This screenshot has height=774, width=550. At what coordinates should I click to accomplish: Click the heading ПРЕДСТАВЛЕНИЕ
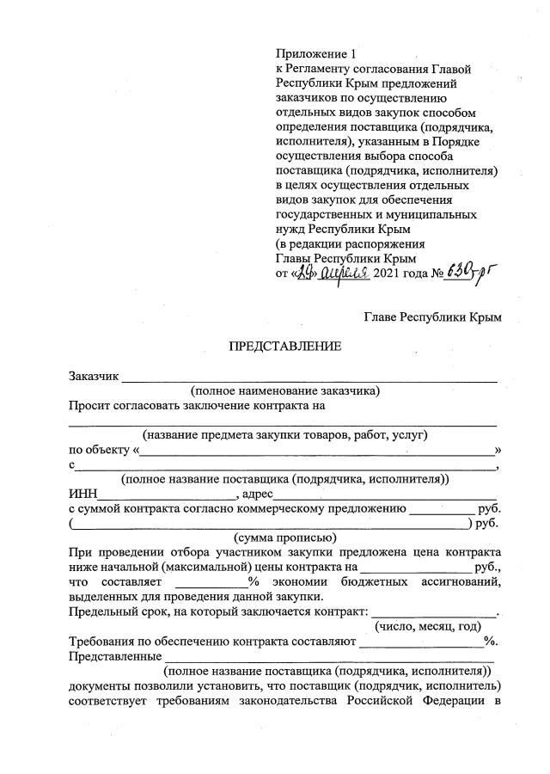[x=284, y=347]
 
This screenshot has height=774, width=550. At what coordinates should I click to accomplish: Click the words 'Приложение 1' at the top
[x=308, y=53]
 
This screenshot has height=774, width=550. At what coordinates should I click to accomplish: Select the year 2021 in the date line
[x=392, y=273]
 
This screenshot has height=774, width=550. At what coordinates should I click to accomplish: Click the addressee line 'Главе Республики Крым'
[x=432, y=317]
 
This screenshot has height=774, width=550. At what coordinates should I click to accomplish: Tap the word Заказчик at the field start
[x=95, y=376]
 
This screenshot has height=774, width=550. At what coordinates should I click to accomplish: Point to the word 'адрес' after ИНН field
[x=258, y=494]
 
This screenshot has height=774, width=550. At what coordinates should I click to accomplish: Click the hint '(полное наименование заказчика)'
[x=284, y=390]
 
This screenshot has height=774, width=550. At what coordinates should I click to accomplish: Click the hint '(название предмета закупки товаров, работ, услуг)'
[x=284, y=435]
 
